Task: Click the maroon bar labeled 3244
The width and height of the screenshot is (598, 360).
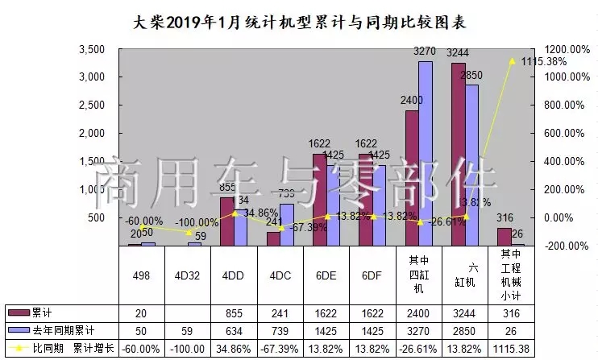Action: click(459, 154)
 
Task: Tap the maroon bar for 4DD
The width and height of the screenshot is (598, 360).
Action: click(227, 221)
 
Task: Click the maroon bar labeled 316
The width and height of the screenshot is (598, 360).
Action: click(505, 237)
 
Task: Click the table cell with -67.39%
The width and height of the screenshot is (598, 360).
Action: click(281, 348)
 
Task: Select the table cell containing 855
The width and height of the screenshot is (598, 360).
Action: click(235, 312)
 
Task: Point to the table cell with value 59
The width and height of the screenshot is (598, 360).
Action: click(188, 330)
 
